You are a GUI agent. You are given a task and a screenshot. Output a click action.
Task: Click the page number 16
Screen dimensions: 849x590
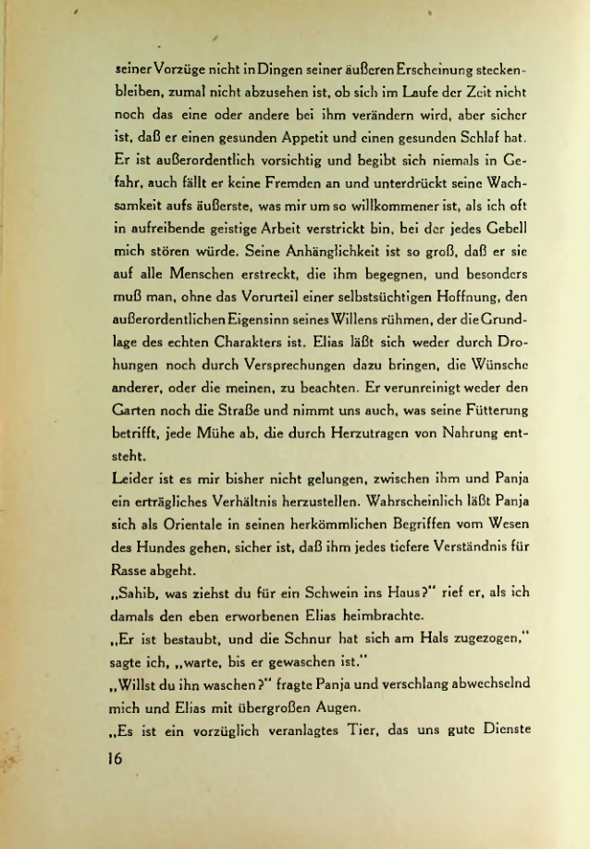117,755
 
